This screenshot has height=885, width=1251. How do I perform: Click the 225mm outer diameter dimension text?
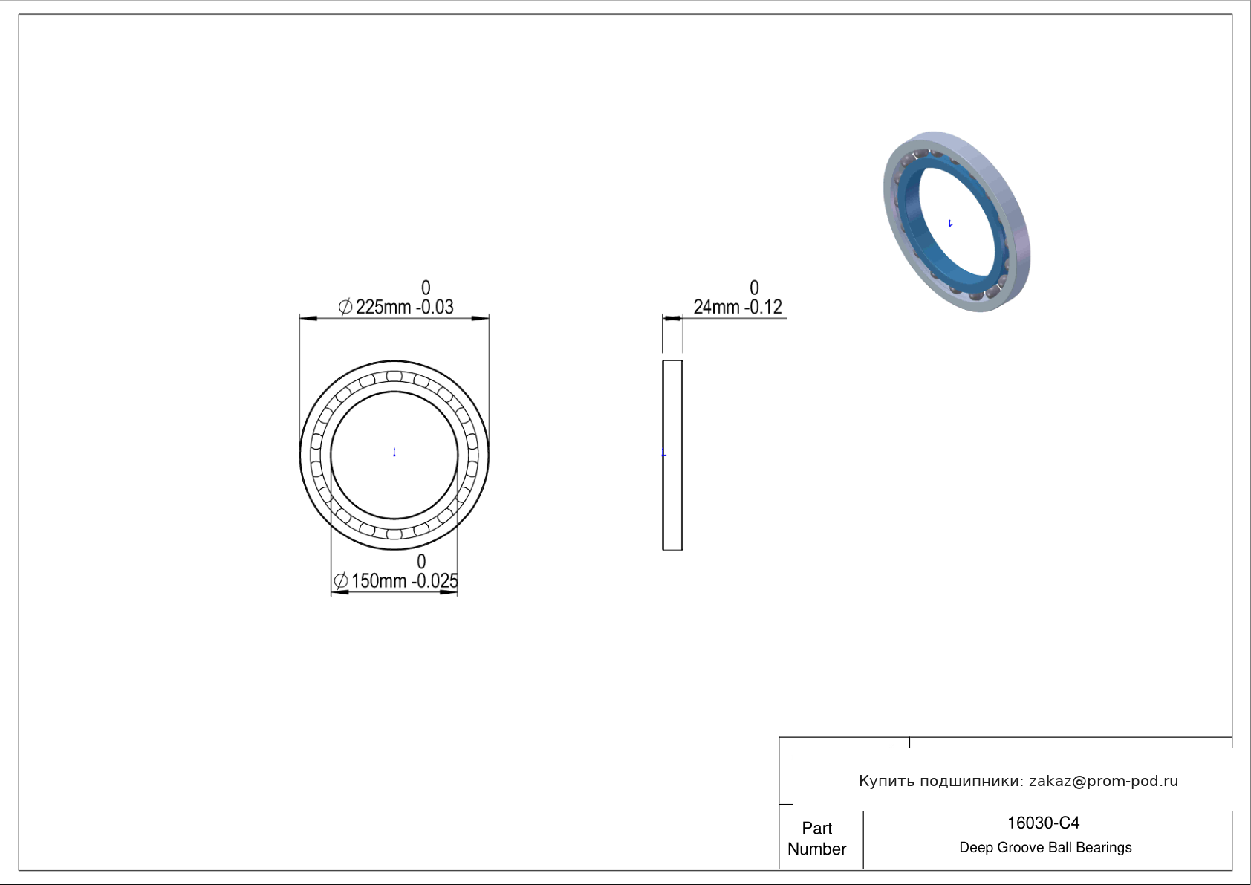(383, 308)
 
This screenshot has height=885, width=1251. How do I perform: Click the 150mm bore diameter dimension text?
(379, 581)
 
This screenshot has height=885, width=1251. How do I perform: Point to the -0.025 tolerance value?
(435, 581)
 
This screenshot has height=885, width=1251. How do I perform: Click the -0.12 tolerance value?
(763, 308)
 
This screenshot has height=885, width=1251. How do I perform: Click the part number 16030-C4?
(1043, 823)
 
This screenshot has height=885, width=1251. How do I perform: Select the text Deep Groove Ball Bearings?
(1045, 848)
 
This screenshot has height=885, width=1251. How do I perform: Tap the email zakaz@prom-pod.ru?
(1104, 781)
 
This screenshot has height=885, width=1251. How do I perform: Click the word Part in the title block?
(817, 828)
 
